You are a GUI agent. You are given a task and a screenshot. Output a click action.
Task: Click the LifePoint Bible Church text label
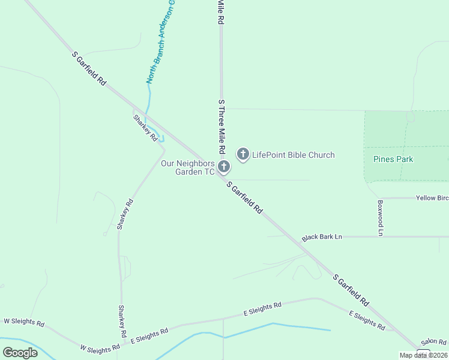tap(293, 155)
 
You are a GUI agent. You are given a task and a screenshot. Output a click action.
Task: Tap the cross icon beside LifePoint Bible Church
tap(243, 155)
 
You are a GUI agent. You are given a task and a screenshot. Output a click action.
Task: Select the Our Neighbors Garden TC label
tap(187, 167)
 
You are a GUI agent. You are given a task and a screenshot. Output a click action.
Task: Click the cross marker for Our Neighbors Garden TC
tap(223, 167)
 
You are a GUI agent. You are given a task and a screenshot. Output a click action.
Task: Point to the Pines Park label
tap(393, 160)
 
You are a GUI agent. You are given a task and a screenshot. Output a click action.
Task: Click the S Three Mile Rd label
tap(221, 126)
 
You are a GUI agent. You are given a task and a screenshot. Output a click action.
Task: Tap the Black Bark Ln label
tap(322, 237)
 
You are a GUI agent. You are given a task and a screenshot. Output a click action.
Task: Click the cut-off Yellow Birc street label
tap(432, 198)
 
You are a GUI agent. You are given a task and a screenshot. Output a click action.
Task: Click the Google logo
tap(20, 353)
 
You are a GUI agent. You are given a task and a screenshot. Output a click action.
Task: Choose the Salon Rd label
tap(433, 341)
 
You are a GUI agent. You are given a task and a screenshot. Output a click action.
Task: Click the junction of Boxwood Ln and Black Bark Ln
tap(380, 236)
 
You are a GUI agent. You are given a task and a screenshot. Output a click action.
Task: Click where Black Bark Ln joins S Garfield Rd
tap(300, 237)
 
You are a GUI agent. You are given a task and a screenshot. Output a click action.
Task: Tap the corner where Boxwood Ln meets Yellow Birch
tap(379, 198)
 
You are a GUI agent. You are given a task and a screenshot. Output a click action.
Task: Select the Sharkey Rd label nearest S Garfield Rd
tap(145, 128)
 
